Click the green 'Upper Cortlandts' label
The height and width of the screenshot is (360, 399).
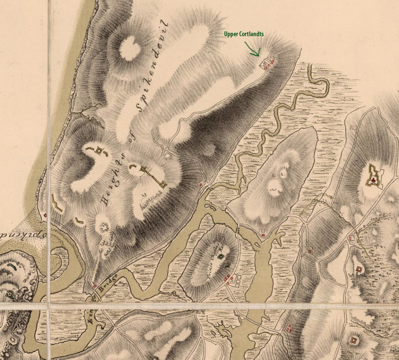(244, 34)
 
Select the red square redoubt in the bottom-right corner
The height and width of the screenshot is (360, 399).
(354, 340)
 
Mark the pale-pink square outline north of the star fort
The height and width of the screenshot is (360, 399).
(354, 127)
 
